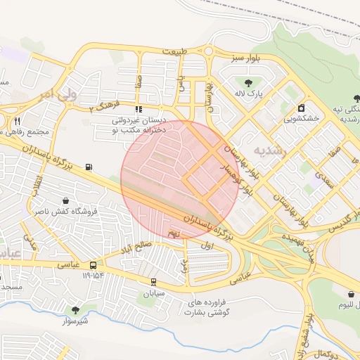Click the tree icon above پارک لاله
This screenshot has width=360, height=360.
point(247,82)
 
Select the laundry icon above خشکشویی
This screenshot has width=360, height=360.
point(302,108)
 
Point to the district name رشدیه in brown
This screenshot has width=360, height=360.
point(270,150)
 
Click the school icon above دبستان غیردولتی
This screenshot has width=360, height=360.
point(139,110)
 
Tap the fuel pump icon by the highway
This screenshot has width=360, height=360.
point(89,167)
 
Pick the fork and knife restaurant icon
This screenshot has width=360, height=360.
point(17,120)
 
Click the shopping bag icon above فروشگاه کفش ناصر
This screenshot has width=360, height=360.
point(65,200)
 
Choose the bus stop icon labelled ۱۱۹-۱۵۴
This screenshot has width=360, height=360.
point(93,265)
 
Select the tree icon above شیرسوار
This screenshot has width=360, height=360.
point(75,309)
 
